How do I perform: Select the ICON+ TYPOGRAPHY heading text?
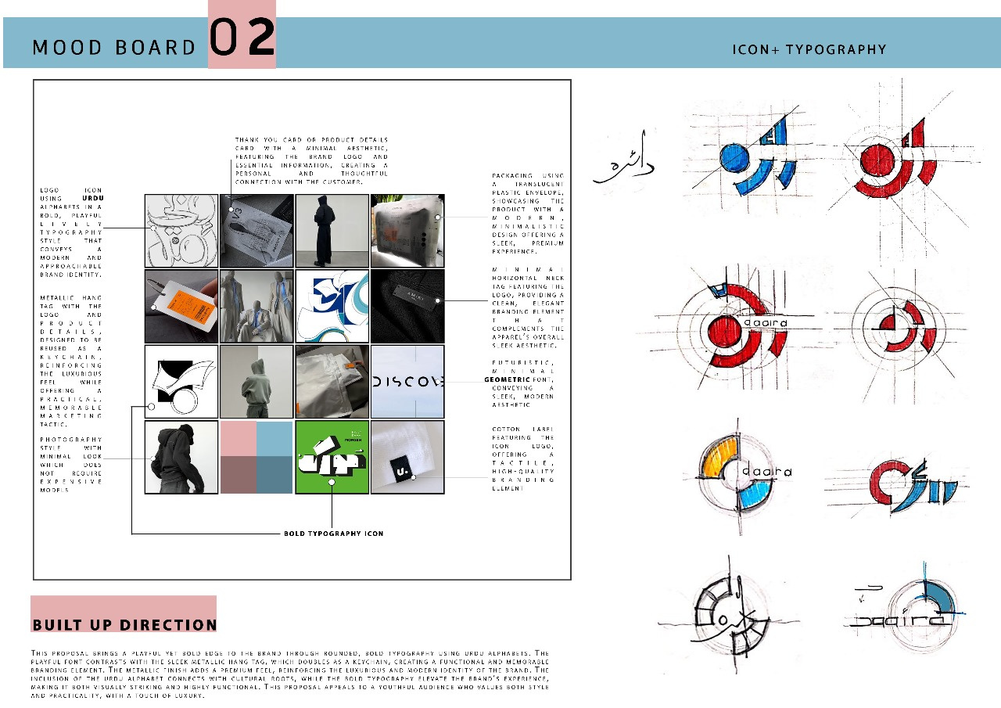coord(809,49)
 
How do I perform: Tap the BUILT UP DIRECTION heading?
coord(124,624)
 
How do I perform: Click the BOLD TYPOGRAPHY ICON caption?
coord(333,533)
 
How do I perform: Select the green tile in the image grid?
coord(332,458)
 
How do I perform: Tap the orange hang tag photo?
coord(181,307)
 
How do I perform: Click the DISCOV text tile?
coord(407,382)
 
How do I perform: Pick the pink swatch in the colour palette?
coord(238,439)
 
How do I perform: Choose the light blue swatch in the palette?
coord(274,439)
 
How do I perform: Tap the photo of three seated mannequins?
coord(256,307)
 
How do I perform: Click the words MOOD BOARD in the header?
coord(113,48)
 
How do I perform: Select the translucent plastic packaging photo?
coord(407,232)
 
